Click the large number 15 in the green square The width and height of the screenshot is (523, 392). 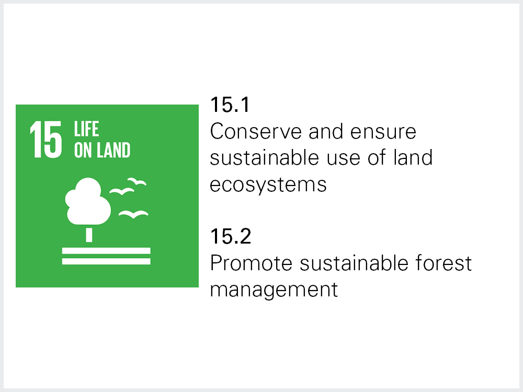(46, 139)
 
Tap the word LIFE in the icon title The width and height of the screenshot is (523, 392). (86, 129)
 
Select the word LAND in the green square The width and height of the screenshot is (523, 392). (113, 150)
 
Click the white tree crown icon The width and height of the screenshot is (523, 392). (88, 201)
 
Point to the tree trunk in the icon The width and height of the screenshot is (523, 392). (89, 235)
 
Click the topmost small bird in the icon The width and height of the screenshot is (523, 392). (137, 181)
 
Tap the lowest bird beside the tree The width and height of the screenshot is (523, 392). (133, 214)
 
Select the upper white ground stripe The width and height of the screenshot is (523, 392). (106, 251)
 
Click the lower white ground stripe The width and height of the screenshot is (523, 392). (106, 261)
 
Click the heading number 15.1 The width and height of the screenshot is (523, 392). (230, 105)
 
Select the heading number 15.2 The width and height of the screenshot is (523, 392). (231, 236)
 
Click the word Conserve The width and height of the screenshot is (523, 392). (256, 131)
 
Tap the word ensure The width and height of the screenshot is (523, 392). (383, 132)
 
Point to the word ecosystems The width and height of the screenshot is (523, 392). (268, 185)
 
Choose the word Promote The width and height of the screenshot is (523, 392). (251, 263)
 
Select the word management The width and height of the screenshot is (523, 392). (274, 290)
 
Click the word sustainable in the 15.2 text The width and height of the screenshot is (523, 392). (354, 263)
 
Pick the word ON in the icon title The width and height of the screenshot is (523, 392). (83, 150)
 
